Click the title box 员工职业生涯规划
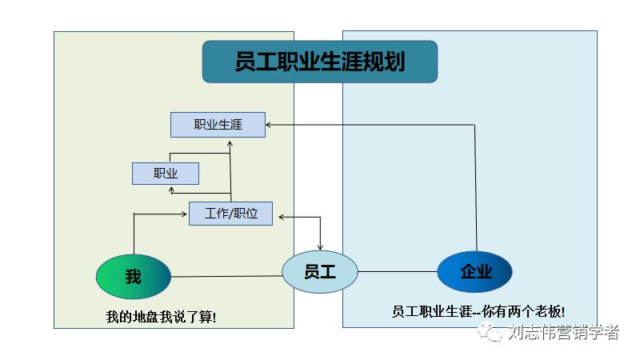[319, 62]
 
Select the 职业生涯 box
[218, 125]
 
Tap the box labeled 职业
[165, 173]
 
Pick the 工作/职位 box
[230, 214]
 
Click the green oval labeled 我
[133, 277]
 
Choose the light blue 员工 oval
[319, 271]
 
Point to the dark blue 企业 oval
[474, 271]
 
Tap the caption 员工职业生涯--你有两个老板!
[483, 312]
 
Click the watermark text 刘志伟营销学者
[563, 333]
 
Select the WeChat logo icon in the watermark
[491, 333]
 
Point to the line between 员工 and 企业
[397, 271]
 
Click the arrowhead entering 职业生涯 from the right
[270, 125]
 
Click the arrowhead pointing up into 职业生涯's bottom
[230, 142]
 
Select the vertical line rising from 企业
[475, 192]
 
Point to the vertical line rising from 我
[134, 236]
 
